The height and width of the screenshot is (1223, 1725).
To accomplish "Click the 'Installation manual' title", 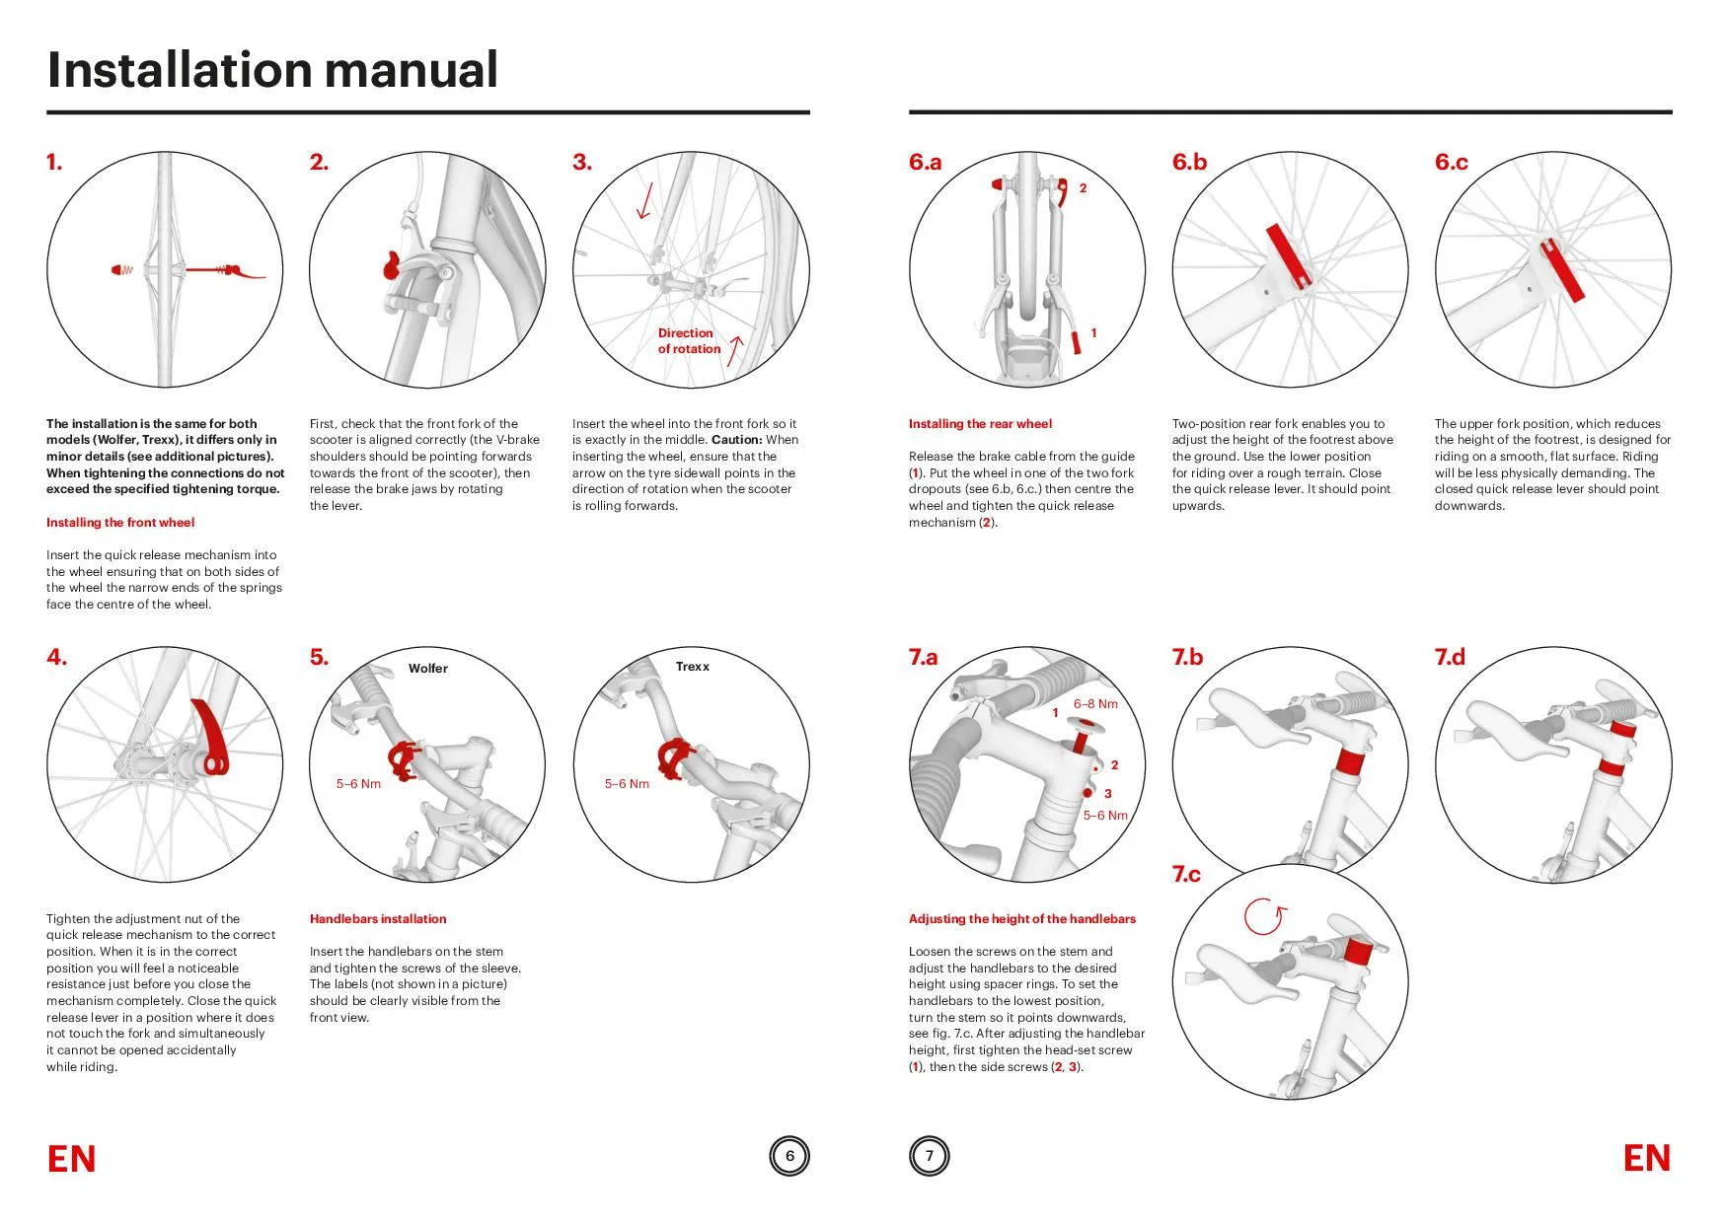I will point(272,70).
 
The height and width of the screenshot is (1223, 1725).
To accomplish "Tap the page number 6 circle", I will point(788,1156).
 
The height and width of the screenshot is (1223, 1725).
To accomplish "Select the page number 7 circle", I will point(929,1156).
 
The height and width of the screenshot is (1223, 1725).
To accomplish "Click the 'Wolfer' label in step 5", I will point(427,669).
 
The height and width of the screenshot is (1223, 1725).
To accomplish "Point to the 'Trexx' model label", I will point(692,667).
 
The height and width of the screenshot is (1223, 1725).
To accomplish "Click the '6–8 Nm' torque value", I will point(1095,704).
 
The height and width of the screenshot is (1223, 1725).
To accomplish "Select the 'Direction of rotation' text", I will point(689,341).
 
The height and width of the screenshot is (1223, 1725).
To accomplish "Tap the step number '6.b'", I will point(1189,163).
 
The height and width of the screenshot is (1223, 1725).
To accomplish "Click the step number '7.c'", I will point(1186,875).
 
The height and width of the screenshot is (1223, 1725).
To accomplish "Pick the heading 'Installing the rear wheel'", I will point(980,424).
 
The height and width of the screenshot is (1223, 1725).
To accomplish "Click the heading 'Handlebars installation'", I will point(378,919).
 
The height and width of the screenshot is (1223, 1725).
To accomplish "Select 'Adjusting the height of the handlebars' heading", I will point(1021,919).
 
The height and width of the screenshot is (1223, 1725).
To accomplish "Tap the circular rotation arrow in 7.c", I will point(1264,917).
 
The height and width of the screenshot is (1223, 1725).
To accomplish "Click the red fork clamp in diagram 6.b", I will point(1289,256).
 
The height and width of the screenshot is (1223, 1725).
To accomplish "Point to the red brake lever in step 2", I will point(391,266).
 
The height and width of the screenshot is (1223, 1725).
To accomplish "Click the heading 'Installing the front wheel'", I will point(120,523).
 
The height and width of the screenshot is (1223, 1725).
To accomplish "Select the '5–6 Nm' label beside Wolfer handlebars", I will point(358,784).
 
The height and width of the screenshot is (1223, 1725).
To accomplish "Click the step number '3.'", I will point(582,163).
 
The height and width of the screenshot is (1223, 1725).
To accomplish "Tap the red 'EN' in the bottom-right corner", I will point(1646,1159).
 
